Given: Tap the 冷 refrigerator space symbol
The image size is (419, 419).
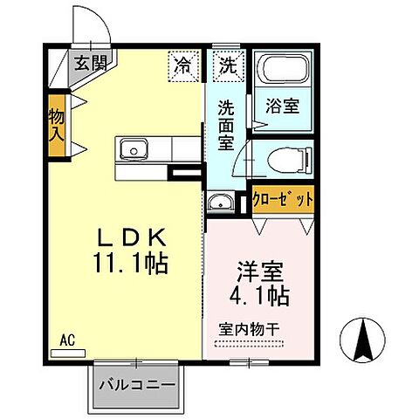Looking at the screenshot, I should pos(183,64).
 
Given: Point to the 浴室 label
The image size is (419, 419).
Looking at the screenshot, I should pos(282,107).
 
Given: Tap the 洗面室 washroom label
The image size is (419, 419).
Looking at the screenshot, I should pos(225,125).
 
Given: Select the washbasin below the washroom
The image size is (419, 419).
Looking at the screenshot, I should pos(219,204).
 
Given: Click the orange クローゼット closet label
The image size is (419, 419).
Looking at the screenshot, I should pos(282,198).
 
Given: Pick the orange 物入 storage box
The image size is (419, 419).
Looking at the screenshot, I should pos(57,127).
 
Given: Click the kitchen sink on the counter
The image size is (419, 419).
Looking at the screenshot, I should pos(133,147).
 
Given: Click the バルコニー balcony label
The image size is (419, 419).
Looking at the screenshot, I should pos(136,383).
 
